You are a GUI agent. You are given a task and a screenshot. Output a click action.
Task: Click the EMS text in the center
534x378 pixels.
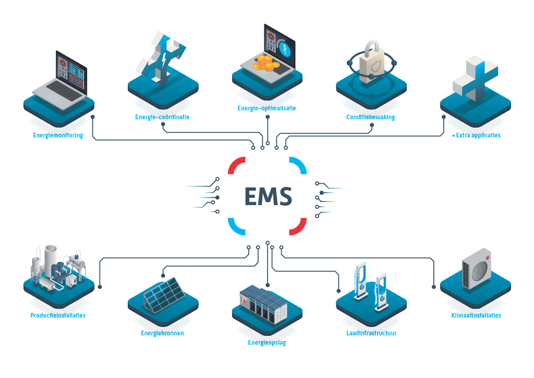[x=268, y=196]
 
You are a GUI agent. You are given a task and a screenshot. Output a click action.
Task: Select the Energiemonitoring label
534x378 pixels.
[x=57, y=135]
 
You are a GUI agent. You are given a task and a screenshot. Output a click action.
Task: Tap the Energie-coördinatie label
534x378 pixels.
[x=162, y=117]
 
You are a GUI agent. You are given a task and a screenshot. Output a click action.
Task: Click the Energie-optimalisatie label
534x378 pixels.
[x=266, y=108]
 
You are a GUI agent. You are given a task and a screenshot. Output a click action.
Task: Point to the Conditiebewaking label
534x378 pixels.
[x=371, y=117]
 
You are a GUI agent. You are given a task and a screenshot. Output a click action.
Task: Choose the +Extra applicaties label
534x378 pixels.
[x=476, y=135]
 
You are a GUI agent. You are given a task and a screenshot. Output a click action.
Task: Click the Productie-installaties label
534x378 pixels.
[x=58, y=316]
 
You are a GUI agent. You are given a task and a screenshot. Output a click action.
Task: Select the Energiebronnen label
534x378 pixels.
[x=162, y=333]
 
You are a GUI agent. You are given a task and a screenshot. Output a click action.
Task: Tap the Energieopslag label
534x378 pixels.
[x=266, y=343]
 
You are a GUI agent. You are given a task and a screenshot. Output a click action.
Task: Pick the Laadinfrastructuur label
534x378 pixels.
[x=371, y=333]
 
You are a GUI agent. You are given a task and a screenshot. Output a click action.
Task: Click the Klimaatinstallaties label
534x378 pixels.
[x=476, y=316]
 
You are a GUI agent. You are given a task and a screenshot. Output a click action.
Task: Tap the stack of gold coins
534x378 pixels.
[x=264, y=65]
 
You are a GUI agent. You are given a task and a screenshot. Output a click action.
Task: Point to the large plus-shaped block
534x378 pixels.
[x=475, y=78]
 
